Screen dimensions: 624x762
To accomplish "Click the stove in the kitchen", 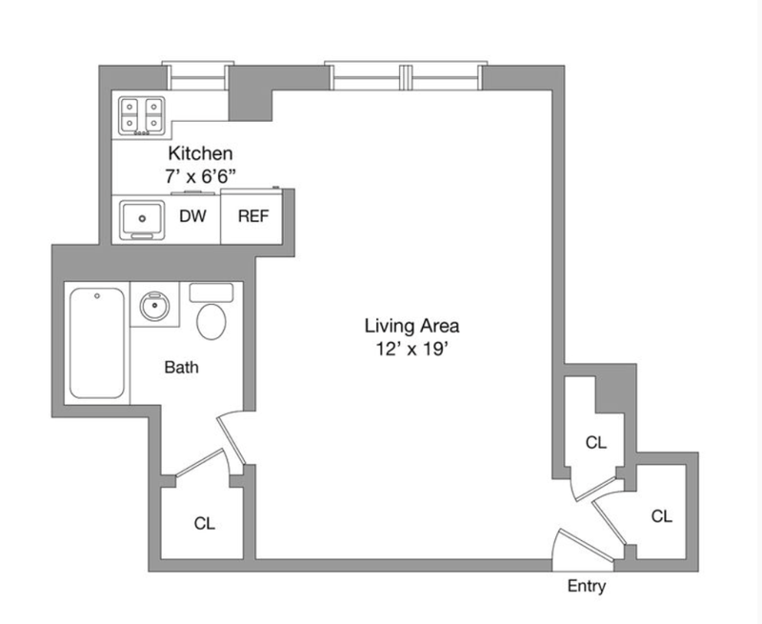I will coord(142,116).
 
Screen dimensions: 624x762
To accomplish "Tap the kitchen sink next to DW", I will coord(141,219).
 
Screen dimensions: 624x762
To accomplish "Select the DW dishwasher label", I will coord(193,216).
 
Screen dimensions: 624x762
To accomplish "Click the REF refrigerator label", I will coord(252,216).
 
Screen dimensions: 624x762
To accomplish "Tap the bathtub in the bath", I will coord(96,343).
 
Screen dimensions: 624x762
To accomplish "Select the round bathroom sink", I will coord(153,307).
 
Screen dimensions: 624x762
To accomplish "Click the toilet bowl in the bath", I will coord(211,321).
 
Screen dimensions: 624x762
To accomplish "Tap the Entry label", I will coord(586,587).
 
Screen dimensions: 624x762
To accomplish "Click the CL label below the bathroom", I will coord(204,523).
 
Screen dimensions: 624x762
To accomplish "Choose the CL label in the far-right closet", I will coord(662,516).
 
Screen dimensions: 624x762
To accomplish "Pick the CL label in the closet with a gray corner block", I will coord(596,443).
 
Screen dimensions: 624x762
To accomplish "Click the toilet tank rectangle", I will coord(211,292).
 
